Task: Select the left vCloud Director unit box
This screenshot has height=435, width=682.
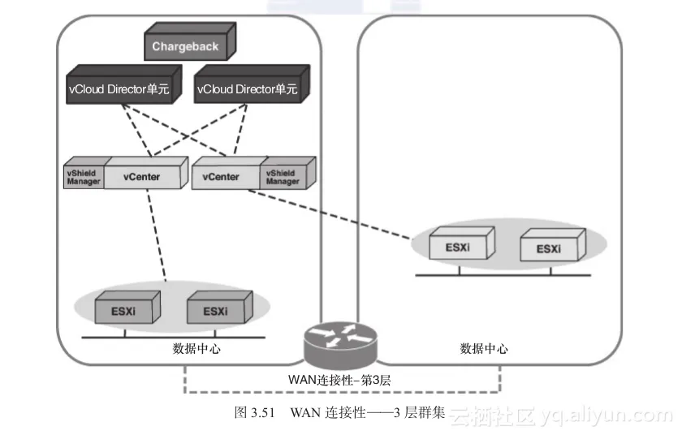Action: [x=122, y=90]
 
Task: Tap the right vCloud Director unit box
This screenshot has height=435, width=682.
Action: [x=246, y=90]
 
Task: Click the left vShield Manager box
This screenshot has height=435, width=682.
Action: [x=83, y=176]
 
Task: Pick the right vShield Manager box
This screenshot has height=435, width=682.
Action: [x=283, y=176]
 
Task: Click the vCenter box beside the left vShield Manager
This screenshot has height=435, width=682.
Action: [x=141, y=176]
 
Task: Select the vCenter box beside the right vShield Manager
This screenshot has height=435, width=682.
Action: [x=223, y=176]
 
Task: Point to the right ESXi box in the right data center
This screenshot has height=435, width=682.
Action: [x=550, y=248]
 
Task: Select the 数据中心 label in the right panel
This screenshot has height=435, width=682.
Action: [x=484, y=349]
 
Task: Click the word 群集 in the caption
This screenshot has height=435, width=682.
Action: [x=433, y=411]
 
